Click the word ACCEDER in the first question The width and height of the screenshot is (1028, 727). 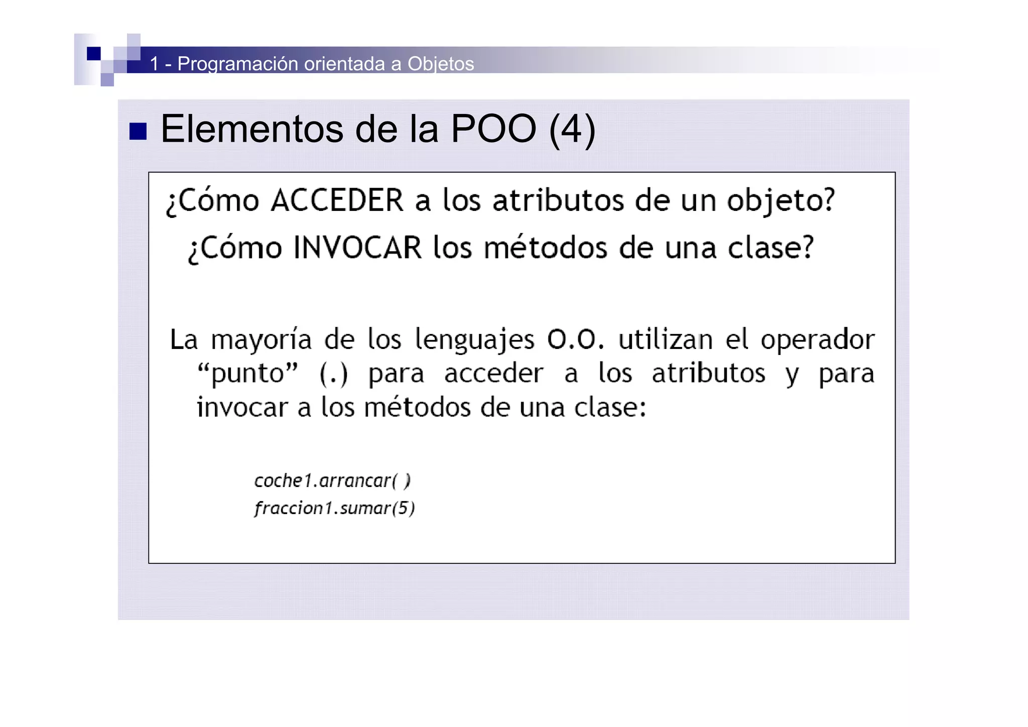(x=337, y=200)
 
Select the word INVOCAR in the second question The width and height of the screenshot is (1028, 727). (x=357, y=248)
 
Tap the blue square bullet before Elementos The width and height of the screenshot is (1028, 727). (x=138, y=132)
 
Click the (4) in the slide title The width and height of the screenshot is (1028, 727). (x=572, y=130)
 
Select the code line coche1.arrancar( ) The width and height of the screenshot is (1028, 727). (x=332, y=480)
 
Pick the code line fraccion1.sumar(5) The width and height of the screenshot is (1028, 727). (x=334, y=508)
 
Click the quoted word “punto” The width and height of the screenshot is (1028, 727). (x=247, y=374)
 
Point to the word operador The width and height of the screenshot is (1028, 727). (x=818, y=339)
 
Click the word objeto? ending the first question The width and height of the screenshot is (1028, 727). (x=781, y=201)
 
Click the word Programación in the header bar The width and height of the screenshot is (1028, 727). (x=238, y=64)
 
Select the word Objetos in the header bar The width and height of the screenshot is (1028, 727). (x=440, y=64)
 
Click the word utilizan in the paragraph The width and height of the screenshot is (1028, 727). (x=665, y=339)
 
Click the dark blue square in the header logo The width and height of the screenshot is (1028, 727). (x=93, y=53)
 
